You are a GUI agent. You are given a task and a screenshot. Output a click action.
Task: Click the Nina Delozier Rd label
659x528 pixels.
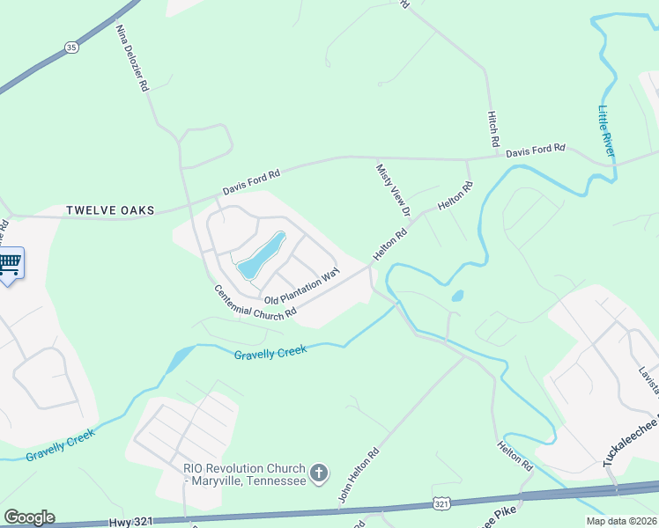tap(133, 56)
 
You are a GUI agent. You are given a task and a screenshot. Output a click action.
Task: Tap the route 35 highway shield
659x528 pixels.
tap(70, 45)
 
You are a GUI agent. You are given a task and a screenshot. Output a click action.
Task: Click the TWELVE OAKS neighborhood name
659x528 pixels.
tap(110, 210)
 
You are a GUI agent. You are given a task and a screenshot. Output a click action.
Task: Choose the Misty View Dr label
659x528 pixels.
tap(393, 190)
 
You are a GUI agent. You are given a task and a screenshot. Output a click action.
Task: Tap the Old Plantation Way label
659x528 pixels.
tap(301, 288)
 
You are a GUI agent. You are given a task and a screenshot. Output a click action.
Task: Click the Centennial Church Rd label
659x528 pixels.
tap(255, 302)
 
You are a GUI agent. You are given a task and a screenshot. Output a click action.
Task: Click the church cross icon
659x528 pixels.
tap(319, 474)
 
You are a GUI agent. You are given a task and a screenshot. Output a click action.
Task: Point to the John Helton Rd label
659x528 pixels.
tap(359, 478)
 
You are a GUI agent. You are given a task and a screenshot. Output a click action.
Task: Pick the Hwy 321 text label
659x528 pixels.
tap(132, 523)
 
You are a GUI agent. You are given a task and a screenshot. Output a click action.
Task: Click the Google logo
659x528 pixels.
tap(29, 517)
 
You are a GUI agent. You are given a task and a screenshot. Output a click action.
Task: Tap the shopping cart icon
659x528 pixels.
tap(9, 262)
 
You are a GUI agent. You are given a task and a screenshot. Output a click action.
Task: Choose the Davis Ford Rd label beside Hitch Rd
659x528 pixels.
tap(536, 150)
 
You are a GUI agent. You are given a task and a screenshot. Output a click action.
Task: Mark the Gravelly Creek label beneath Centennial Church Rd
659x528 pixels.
tap(270, 352)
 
